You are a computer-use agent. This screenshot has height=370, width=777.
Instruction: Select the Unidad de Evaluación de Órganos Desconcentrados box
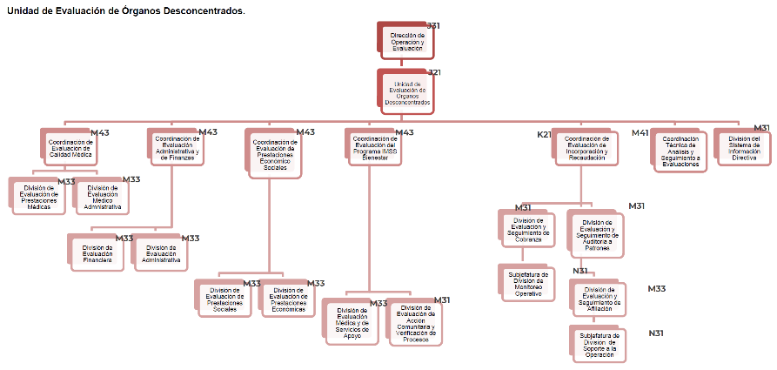(406, 92)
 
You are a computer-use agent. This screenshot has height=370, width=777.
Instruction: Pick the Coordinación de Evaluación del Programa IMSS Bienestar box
(375, 147)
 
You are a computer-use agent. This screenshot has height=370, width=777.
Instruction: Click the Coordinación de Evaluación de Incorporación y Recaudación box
(585, 148)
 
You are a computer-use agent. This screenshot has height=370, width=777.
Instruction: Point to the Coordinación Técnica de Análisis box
(680, 151)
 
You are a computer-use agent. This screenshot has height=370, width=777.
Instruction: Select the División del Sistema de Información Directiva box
(744, 148)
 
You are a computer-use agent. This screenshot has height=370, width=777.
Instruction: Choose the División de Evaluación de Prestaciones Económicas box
(288, 299)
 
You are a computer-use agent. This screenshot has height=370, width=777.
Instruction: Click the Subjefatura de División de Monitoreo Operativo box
(528, 284)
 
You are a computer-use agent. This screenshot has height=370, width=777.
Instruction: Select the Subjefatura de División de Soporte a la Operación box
(599, 345)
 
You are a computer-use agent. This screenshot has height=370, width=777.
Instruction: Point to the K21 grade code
(544, 135)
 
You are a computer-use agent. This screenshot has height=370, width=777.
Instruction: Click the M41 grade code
(640, 133)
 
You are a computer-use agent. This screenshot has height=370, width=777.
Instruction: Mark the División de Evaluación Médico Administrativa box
(104, 197)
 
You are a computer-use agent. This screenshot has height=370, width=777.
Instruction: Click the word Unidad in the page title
(23, 10)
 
